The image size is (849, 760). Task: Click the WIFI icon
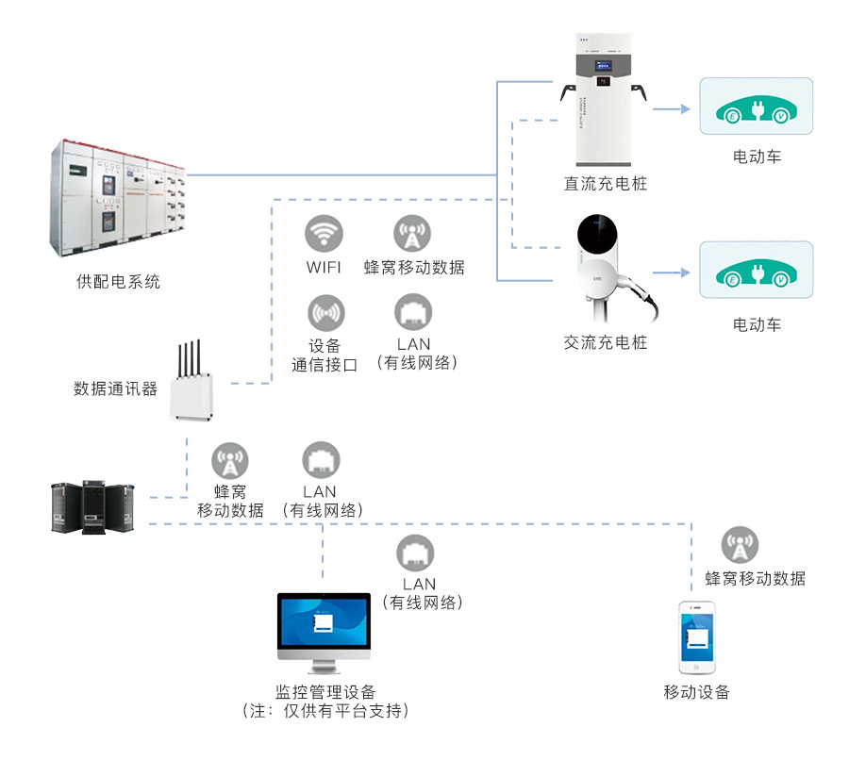tap(324, 233)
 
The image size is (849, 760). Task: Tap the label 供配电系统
tap(118, 281)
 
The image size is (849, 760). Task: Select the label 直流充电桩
tap(606, 183)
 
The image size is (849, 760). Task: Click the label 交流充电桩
tap(606, 342)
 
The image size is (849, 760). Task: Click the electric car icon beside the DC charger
tap(756, 106)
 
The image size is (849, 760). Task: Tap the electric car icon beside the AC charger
tap(756, 271)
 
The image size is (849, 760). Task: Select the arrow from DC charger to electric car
tap(672, 108)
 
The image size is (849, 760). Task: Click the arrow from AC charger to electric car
tap(672, 273)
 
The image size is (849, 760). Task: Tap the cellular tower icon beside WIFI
tap(412, 233)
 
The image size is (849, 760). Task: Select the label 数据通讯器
tap(115, 388)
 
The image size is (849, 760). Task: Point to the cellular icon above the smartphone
tap(741, 545)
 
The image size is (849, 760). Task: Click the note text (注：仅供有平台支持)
tap(325, 711)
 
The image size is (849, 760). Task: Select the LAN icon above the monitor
tap(414, 553)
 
